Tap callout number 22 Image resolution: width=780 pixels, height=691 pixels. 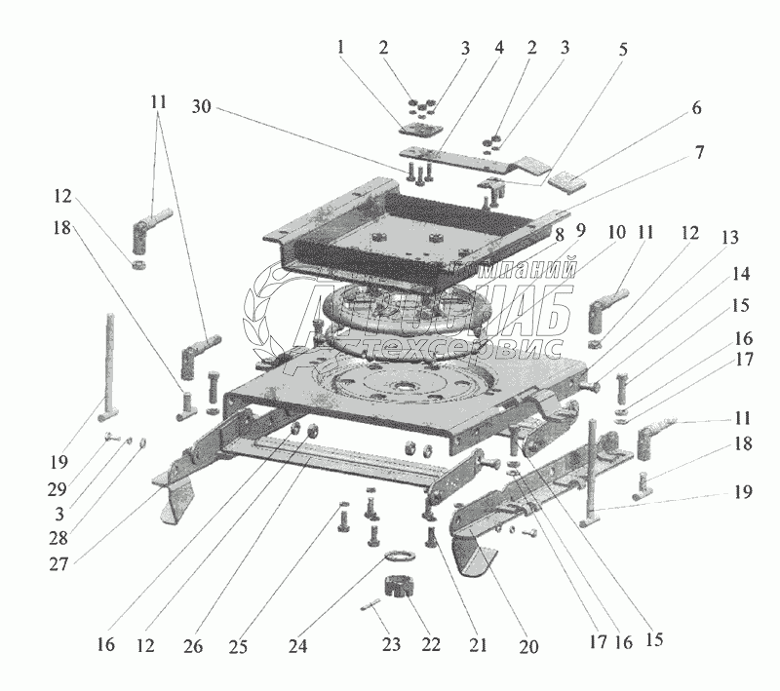click(x=431, y=645)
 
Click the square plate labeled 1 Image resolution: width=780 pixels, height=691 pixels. click(x=418, y=130)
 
